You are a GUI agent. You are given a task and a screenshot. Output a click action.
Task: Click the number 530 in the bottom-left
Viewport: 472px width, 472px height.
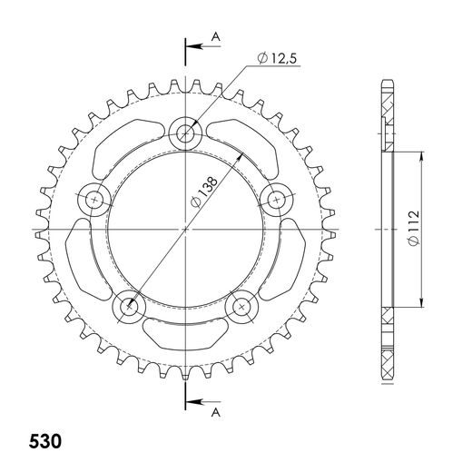pos(43,445)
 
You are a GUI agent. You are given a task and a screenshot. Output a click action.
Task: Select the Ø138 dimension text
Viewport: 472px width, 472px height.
pos(204,192)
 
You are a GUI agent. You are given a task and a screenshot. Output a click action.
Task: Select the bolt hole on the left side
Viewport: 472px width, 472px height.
pos(93,198)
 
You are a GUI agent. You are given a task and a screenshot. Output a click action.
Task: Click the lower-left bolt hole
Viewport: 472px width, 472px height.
pos(128,307)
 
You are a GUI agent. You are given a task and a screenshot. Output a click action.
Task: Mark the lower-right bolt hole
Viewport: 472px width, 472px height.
pos(241,307)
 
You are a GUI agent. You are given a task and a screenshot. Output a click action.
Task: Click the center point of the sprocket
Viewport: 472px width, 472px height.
pos(185,229)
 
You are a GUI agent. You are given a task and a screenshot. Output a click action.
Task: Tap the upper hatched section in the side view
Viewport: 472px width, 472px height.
pos(388,118)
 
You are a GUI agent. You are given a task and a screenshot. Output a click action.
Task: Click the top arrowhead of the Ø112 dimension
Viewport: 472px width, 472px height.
pos(421,156)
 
